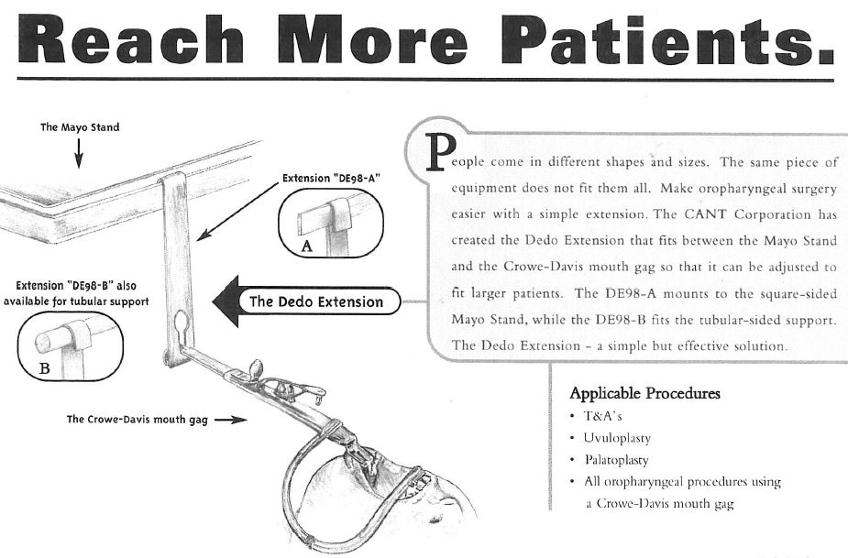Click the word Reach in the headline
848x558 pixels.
(131, 38)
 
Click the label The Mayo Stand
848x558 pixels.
(80, 127)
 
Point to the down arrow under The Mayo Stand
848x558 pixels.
(79, 153)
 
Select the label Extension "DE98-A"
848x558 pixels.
(331, 179)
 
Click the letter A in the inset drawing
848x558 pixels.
(306, 246)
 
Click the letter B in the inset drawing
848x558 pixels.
(44, 368)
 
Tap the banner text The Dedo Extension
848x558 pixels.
(316, 301)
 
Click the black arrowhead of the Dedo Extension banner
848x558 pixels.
(226, 301)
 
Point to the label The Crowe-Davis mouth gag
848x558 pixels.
(137, 419)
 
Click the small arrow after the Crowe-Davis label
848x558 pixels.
(231, 420)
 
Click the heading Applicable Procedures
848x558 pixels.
(644, 393)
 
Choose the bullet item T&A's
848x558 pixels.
(602, 416)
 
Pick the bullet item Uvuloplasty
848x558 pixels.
(617, 438)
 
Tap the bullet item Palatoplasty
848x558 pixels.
(617, 460)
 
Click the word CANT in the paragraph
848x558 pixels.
(705, 214)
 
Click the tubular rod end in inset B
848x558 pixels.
(43, 343)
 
